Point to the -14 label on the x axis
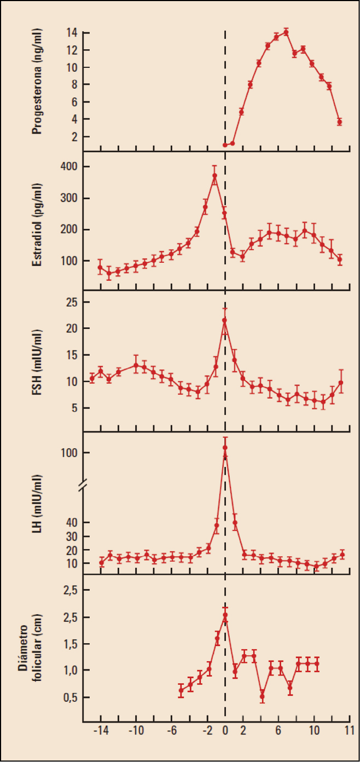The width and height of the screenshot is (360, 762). point(100,731)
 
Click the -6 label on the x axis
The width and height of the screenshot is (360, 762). point(171,731)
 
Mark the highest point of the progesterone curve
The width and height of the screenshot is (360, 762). point(286,32)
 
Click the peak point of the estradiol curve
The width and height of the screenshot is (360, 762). point(214,176)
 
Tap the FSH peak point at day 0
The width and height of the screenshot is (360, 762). point(224,320)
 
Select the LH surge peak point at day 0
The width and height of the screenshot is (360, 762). point(224,448)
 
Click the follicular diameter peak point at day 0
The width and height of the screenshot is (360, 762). point(225,615)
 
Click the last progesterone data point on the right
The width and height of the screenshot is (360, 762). point(339,122)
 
